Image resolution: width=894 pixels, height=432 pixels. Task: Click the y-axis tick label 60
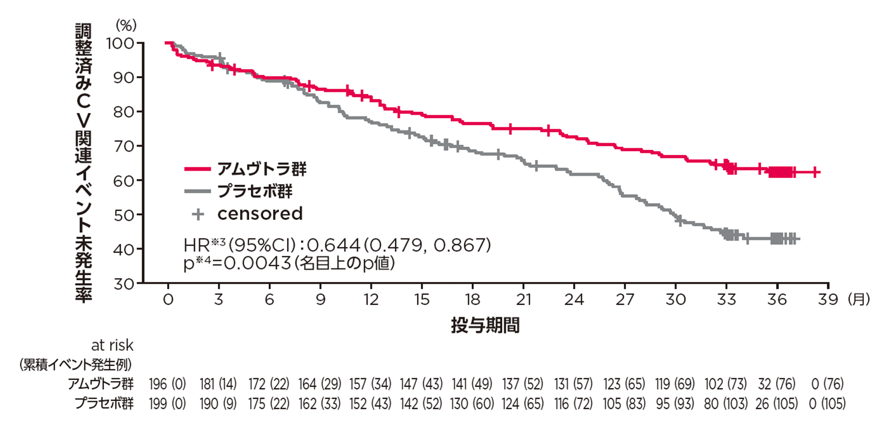124,181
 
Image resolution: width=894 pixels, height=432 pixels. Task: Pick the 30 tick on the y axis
124,284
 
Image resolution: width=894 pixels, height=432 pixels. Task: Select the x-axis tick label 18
473,300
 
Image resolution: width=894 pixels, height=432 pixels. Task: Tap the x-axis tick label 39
828,300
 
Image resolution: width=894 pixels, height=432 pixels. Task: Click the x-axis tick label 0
168,300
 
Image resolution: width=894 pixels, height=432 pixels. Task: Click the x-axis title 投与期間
485,326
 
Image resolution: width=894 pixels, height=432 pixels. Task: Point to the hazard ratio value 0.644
334,245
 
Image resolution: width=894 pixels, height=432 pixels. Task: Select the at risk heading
112,345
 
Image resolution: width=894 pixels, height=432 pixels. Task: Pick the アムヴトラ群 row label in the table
101,384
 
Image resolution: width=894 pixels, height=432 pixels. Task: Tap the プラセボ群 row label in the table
104,403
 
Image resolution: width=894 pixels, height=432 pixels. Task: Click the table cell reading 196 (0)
168,384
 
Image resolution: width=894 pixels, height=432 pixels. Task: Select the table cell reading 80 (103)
726,403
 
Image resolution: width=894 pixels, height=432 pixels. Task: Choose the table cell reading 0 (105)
828,403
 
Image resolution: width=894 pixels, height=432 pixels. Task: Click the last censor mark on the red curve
816,172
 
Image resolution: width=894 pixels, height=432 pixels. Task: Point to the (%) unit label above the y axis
126,25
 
